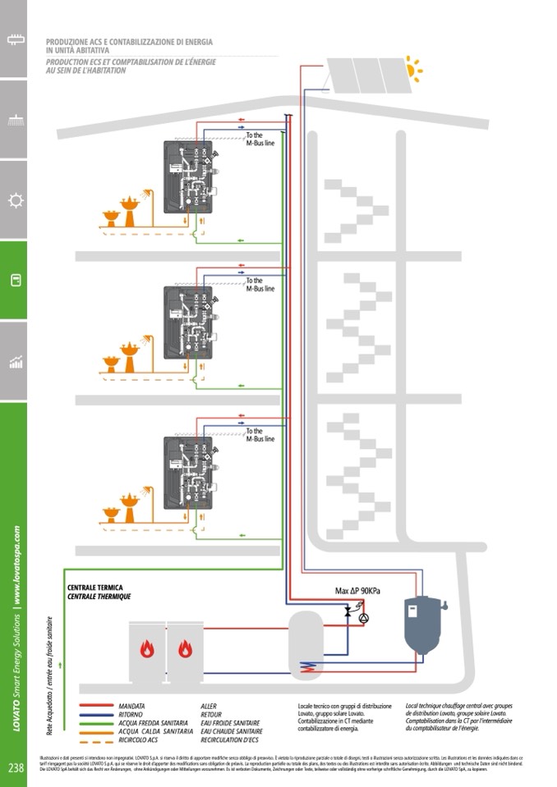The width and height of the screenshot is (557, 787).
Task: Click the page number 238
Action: (15, 768)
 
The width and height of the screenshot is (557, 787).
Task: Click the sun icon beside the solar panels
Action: (413, 70)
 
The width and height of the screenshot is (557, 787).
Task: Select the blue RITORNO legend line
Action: (96, 714)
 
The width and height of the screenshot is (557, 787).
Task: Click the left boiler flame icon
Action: (148, 649)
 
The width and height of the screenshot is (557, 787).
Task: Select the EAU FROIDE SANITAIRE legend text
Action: (231, 722)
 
